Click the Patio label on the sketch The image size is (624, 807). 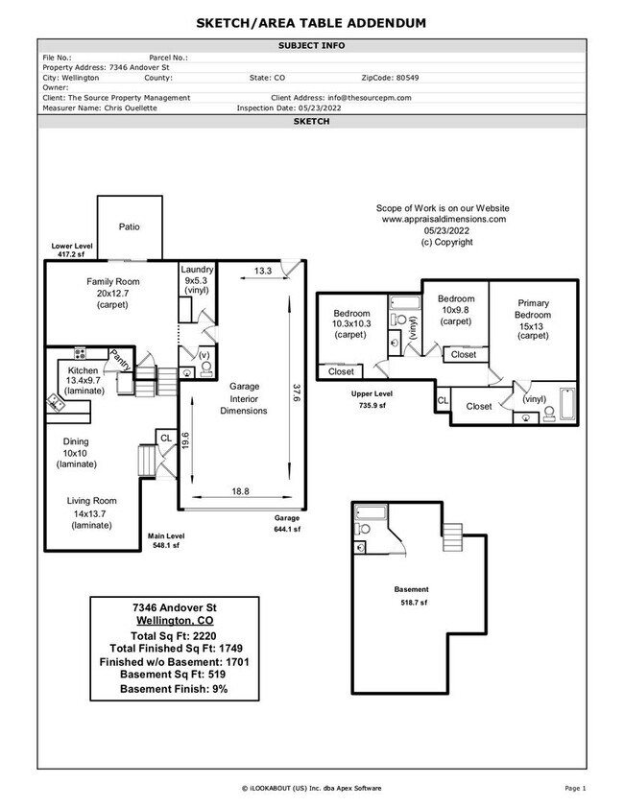pos(129,227)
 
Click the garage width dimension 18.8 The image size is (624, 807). pos(240,490)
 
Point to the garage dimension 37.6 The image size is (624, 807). pos(296,393)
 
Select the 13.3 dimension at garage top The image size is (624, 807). pos(262,272)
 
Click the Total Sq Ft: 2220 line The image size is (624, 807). pos(175,635)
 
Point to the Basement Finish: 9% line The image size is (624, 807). pos(175,689)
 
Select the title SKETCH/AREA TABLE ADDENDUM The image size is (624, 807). pos(312,22)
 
